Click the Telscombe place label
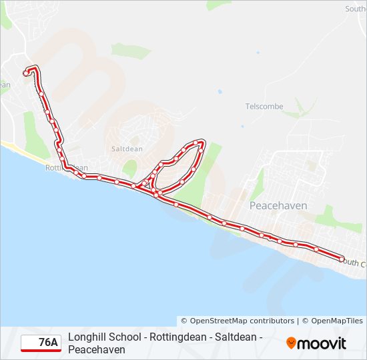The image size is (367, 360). tap(264, 107)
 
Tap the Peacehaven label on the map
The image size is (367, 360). tap(278, 206)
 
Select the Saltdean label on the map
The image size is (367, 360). tap(123, 149)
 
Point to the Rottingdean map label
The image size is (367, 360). tap(66, 168)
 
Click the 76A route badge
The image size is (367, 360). tap(41, 343)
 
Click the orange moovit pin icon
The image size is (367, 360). tap(291, 343)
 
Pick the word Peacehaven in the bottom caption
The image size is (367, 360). tap(97, 349)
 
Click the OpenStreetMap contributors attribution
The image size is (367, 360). tap(238, 321)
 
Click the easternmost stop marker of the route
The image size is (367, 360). tap(342, 259)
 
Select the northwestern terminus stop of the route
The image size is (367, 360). tap(27, 73)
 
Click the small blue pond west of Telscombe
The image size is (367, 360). tap(220, 91)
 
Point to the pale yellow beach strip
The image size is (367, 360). tap(17, 149)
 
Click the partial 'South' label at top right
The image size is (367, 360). tap(355, 9)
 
